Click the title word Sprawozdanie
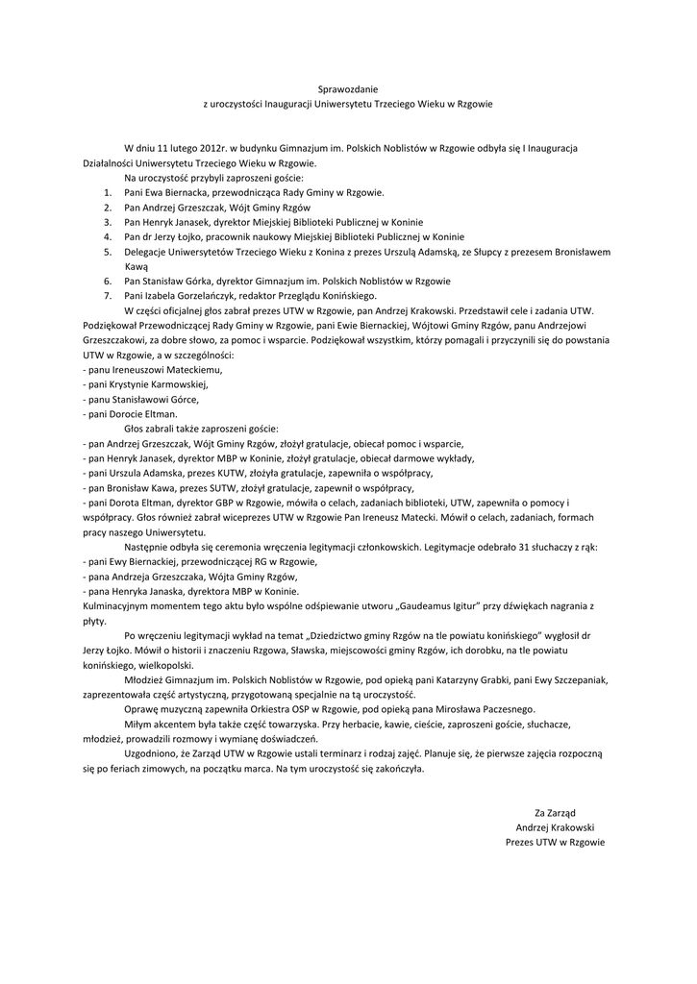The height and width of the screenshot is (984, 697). (x=348, y=88)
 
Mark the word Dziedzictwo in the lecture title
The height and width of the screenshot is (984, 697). (x=346, y=636)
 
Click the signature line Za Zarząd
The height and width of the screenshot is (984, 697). (x=555, y=813)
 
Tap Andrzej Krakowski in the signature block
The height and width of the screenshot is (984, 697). (x=555, y=828)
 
